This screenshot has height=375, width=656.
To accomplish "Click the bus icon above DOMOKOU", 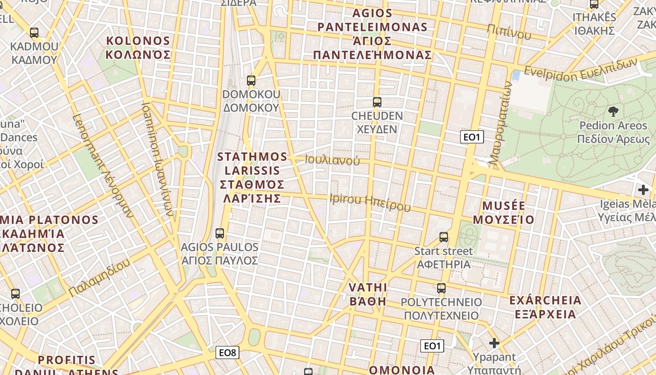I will pyautogui.click(x=251, y=80).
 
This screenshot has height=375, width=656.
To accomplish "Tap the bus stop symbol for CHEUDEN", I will pyautogui.click(x=377, y=102).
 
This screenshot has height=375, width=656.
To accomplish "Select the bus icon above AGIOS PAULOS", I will pyautogui.click(x=219, y=233).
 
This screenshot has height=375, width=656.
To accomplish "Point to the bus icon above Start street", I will pyautogui.click(x=443, y=237).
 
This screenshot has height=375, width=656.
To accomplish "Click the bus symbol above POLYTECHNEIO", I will pyautogui.click(x=441, y=288).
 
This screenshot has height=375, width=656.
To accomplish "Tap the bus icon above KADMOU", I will pyautogui.click(x=34, y=32).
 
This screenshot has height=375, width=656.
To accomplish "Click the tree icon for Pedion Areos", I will pyautogui.click(x=613, y=111).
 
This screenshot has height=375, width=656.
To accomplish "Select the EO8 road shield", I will pyautogui.click(x=227, y=352).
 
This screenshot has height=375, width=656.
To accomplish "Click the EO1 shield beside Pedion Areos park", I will pyautogui.click(x=471, y=137).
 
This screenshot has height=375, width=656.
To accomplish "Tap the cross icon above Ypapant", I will pyautogui.click(x=494, y=343).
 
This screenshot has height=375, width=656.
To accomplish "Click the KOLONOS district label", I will pyautogui.click(x=138, y=47).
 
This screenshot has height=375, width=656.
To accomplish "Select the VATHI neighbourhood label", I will pyautogui.click(x=368, y=294).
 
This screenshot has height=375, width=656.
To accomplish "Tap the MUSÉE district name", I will pyautogui.click(x=504, y=212).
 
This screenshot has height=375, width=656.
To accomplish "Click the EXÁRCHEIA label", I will pyautogui.click(x=545, y=307).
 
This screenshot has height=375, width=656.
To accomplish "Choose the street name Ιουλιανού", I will pyautogui.click(x=332, y=160).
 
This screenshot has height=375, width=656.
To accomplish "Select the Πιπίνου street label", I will pyautogui.click(x=509, y=31).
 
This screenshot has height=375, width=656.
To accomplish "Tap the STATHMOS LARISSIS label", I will pyautogui.click(x=252, y=177).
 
